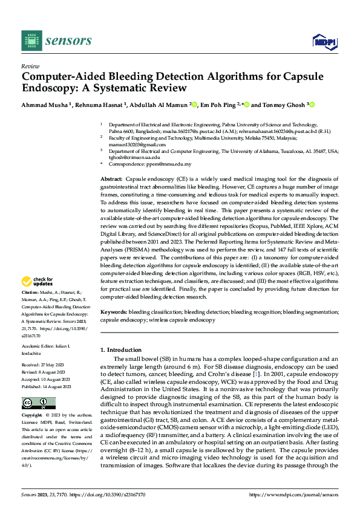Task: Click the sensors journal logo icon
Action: click(30, 40)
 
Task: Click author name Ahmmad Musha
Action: click(45, 105)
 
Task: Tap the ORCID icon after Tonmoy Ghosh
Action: click(313, 105)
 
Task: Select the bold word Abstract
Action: click(111, 180)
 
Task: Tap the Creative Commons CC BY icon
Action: click(38, 403)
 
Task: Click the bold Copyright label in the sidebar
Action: click(33, 416)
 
